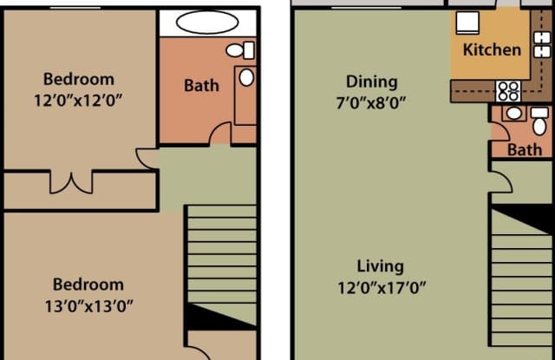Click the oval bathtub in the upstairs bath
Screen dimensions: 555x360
(x=207, y=22)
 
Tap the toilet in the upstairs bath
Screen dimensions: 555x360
(x=240, y=50)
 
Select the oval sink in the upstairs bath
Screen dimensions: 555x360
(x=246, y=77)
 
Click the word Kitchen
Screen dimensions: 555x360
(x=492, y=49)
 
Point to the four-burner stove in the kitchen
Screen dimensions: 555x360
(x=508, y=91)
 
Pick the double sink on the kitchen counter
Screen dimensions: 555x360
(x=542, y=44)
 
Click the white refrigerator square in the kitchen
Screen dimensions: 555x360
(x=467, y=23)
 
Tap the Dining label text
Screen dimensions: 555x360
(x=372, y=82)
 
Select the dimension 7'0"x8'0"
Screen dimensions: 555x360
(x=371, y=103)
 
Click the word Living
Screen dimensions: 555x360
(x=380, y=266)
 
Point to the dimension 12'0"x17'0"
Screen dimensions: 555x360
(x=382, y=288)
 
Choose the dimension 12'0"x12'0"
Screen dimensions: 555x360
(x=78, y=100)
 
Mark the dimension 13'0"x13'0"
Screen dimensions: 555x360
(x=88, y=306)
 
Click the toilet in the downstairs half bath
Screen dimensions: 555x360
(x=539, y=121)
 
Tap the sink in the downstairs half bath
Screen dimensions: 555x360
(x=514, y=114)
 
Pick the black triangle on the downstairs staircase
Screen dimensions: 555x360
(x=522, y=219)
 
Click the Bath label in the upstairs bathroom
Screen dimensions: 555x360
(x=201, y=86)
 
